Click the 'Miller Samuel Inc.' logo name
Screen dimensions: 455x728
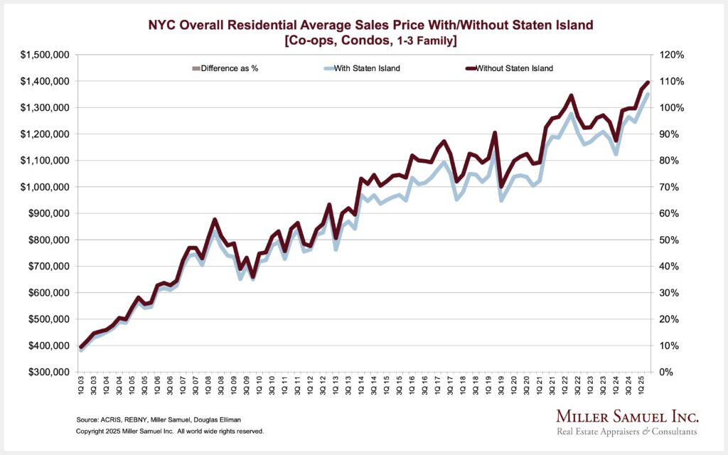[x=617, y=416]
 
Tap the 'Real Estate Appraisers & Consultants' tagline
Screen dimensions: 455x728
[x=617, y=432]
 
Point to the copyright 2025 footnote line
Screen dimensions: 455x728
[x=170, y=432]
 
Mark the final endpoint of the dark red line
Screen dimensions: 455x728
[x=648, y=82]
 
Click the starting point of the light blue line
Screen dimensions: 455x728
[x=81, y=349]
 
